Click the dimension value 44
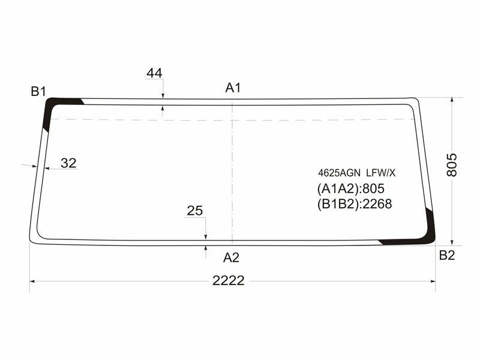click(x=154, y=73)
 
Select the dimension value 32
click(x=69, y=163)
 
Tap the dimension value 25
click(x=195, y=211)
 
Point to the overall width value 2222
click(x=228, y=280)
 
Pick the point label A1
click(x=233, y=88)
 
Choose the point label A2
click(x=232, y=257)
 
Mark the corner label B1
click(x=39, y=91)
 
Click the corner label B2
click(x=447, y=256)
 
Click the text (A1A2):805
click(x=350, y=188)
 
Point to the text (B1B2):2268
click(x=354, y=204)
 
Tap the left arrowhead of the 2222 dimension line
click(x=34, y=280)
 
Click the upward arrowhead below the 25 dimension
click(x=206, y=247)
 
